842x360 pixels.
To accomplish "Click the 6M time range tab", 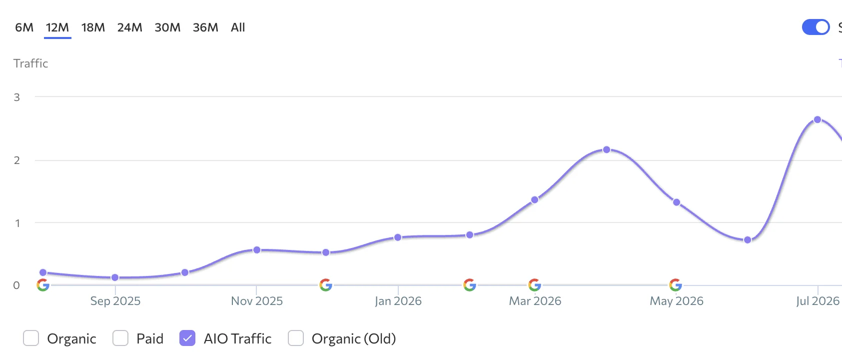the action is [x=24, y=27].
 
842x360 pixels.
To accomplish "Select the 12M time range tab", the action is [x=57, y=27].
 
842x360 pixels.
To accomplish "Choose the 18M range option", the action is [x=93, y=27].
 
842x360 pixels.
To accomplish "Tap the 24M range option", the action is [x=130, y=27].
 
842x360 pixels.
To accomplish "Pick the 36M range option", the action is [x=205, y=27].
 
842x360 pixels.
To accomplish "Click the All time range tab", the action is [x=237, y=27].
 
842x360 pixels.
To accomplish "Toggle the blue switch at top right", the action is [x=816, y=27].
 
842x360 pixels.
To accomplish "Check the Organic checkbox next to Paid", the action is [x=31, y=338].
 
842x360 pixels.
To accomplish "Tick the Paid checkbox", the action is [x=120, y=338].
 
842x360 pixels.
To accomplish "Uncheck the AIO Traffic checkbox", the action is [x=187, y=338].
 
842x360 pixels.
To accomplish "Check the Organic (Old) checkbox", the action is [x=296, y=338].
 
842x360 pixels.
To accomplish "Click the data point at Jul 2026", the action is [x=817, y=119].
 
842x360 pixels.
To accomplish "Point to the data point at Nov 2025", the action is [x=257, y=250].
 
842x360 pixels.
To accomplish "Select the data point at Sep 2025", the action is [x=115, y=277].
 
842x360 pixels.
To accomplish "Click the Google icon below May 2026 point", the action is [x=676, y=285].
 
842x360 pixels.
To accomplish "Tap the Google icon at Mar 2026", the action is [x=535, y=285].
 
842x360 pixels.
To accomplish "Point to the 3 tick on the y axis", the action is [x=16, y=97].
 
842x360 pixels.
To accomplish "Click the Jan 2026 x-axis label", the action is [x=398, y=301].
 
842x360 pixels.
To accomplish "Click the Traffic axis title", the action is [x=31, y=63].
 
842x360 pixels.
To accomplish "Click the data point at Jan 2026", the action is [x=398, y=237].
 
